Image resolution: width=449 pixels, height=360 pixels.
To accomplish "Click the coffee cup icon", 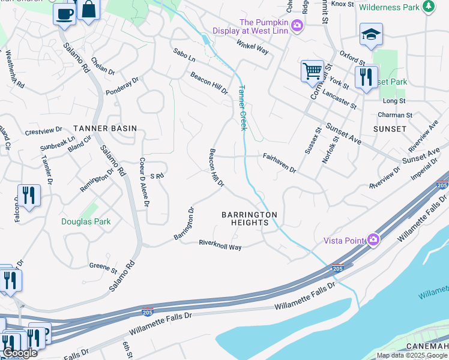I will [x=64, y=13].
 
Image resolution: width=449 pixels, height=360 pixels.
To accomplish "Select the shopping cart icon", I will [x=312, y=71].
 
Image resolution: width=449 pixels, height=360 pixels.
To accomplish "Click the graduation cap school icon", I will [x=371, y=35].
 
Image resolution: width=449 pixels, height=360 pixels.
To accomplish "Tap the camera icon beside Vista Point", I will [x=373, y=240].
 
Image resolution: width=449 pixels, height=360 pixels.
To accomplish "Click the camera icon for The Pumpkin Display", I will [x=297, y=26].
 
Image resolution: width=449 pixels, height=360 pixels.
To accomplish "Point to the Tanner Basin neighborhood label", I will [x=105, y=128].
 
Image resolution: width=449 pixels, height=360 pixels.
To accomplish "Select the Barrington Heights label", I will [x=249, y=218].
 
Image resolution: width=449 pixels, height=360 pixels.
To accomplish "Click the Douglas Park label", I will [x=86, y=221].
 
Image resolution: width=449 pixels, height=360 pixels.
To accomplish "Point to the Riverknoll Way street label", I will [x=220, y=245].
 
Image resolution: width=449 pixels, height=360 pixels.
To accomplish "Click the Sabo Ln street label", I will [x=184, y=55].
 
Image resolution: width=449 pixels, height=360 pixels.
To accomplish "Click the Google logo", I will [x=20, y=353].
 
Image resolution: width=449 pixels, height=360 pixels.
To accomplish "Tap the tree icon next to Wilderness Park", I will [x=429, y=7].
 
